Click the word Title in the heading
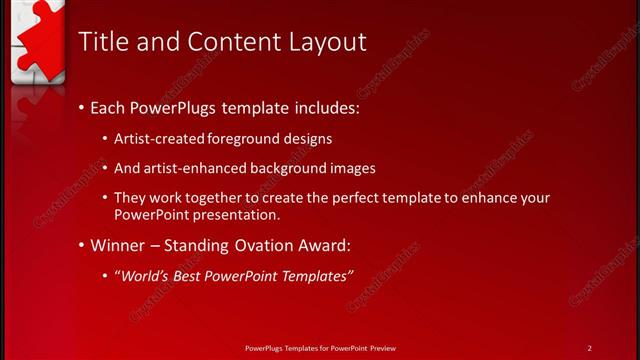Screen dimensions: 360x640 (x=102, y=41)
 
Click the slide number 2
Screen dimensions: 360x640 (x=589, y=347)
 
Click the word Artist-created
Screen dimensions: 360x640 (x=158, y=139)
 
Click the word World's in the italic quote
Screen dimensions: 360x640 (x=145, y=275)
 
